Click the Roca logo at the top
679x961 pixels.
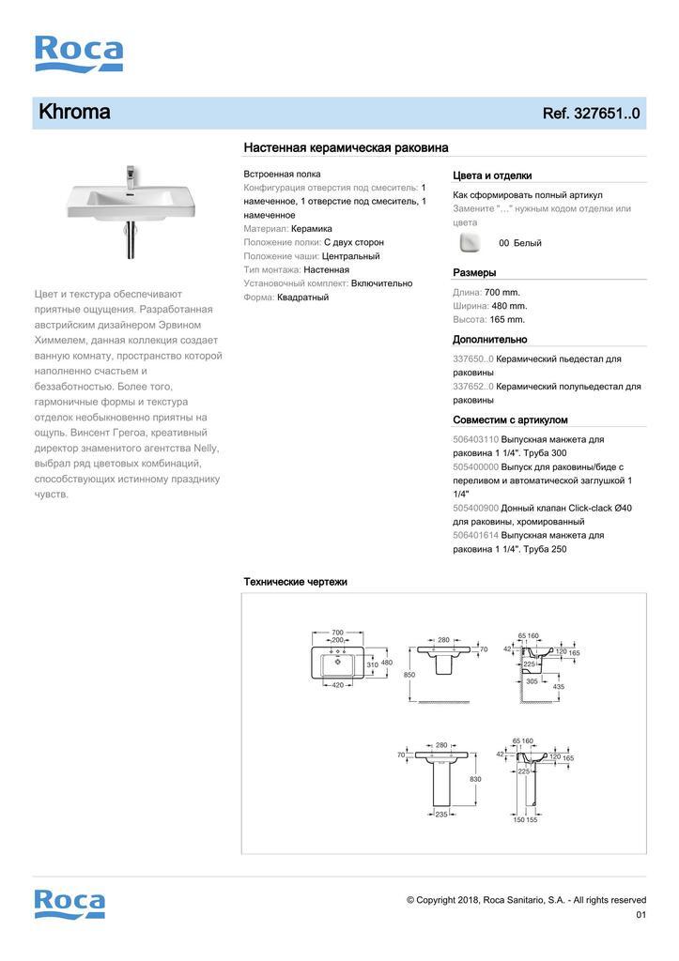click(x=78, y=53)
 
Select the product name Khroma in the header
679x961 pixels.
click(x=74, y=113)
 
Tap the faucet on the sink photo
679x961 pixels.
click(x=131, y=175)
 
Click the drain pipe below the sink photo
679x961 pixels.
click(x=130, y=242)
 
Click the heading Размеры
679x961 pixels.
click(x=474, y=272)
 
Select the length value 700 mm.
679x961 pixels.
click(x=502, y=292)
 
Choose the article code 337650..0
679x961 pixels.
click(x=473, y=358)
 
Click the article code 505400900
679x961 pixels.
click(x=476, y=508)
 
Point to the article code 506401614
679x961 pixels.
click(x=476, y=535)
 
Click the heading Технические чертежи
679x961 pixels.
click(x=295, y=582)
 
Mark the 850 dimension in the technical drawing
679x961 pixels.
click(x=409, y=675)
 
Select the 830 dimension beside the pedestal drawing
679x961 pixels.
click(x=475, y=779)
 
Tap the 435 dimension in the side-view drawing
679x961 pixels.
click(x=559, y=687)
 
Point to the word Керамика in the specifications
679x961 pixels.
click(x=312, y=228)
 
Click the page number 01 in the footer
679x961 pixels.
click(x=641, y=915)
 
